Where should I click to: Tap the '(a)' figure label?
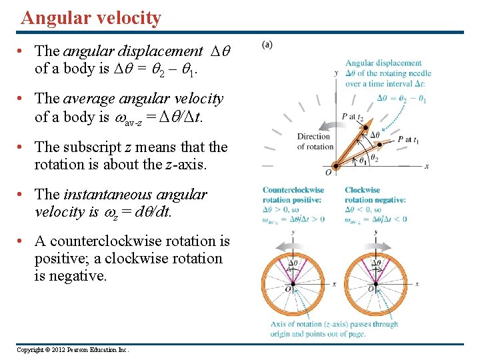pyautogui.click(x=267, y=45)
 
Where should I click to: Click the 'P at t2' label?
pyautogui.click(x=353, y=116)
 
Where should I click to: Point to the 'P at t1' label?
pyautogui.click(x=409, y=140)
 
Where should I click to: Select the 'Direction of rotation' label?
pyautogui.click(x=314, y=142)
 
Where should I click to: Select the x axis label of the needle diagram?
pyautogui.click(x=426, y=166)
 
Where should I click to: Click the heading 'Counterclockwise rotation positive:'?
pyautogui.click(x=293, y=195)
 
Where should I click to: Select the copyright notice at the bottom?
pyautogui.click(x=73, y=350)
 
